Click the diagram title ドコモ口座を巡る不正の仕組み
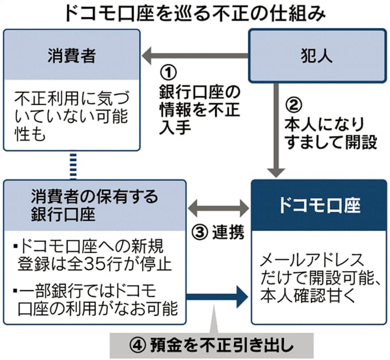194,11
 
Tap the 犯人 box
317,56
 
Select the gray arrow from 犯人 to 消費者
195,56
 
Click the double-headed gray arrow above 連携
219,207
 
